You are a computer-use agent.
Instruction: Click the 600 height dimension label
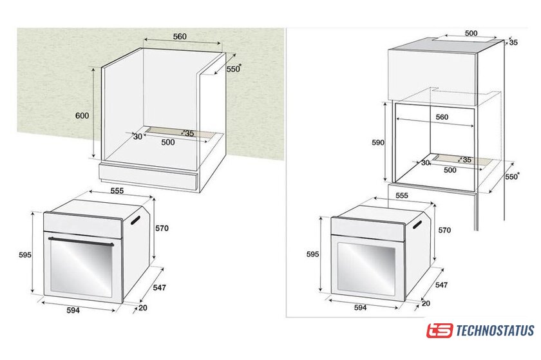tap(82, 116)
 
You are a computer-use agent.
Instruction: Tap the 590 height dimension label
tap(378, 142)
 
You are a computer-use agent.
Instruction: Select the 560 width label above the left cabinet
tap(180, 36)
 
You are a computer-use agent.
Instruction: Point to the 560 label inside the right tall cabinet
tap(442, 117)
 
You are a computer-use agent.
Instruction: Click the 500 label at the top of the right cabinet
tap(471, 33)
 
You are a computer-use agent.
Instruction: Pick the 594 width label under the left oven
tap(73, 310)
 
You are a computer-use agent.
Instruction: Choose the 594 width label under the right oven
tap(360, 308)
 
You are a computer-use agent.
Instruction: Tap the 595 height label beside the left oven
tap(25, 255)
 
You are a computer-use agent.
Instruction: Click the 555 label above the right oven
tap(402, 195)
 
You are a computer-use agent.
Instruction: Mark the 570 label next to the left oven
tap(162, 228)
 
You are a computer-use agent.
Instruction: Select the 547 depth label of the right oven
tap(441, 285)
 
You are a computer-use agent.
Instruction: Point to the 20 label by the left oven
tap(143, 308)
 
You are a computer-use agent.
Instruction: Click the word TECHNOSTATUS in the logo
tap(495, 330)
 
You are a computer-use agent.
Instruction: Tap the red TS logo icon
tap(439, 330)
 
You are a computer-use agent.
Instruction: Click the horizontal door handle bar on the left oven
tap(81, 242)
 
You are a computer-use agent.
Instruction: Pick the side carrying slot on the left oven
tap(135, 220)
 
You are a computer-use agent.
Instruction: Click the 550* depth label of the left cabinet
tap(234, 69)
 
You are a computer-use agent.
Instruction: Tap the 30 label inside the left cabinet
tap(138, 137)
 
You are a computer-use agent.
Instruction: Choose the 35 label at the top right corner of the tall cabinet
tap(513, 43)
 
